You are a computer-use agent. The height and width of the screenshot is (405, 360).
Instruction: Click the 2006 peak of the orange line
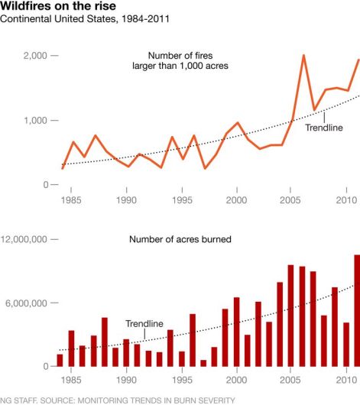coord(303,56)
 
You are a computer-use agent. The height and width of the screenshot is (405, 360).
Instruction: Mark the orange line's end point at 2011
coord(358,60)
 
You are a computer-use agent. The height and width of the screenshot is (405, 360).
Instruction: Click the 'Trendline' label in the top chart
coord(325,128)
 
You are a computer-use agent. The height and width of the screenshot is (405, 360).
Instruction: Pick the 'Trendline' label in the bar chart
coord(144,324)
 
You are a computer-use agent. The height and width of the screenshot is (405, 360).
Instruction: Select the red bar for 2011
coord(357,311)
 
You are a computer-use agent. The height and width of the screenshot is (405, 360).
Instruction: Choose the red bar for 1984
coord(60,361)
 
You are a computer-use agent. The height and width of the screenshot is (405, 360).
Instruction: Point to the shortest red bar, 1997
coord(203,363)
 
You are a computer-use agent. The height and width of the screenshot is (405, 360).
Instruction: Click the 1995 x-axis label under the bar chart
coord(182,380)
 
